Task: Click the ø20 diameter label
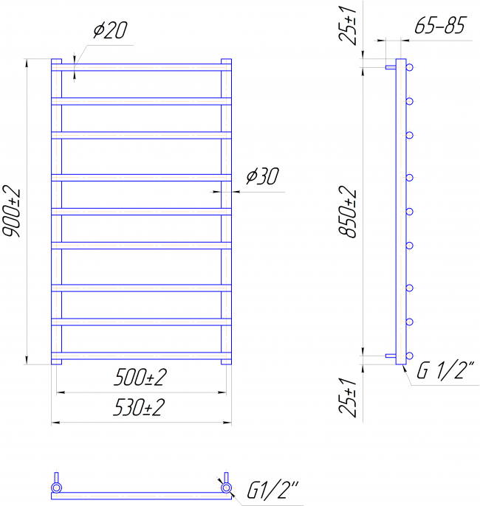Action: coord(111,30)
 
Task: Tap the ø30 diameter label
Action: coord(262,176)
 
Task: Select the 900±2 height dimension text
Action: coord(12,212)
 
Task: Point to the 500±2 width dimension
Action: coord(140,377)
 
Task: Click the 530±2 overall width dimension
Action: coord(140,407)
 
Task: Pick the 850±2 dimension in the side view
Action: coord(348,212)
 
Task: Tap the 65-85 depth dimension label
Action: coord(441,25)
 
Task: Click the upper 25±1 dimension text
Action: coord(348,25)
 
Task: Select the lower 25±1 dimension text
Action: coord(348,398)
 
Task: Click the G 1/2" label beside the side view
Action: coord(445,370)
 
